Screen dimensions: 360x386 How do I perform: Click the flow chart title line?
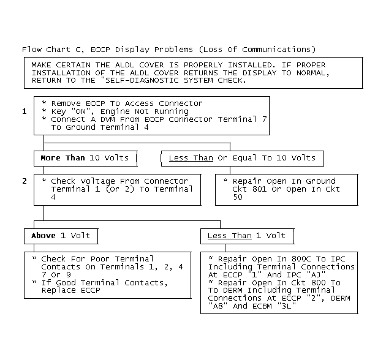point(169,49)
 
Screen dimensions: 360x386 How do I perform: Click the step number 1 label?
point(25,111)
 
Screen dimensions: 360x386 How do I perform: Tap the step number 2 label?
point(25,181)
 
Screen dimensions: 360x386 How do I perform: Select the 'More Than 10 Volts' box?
point(85,158)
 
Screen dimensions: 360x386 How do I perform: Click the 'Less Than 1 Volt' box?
point(246,236)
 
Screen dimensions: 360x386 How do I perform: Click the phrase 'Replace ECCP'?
point(71,290)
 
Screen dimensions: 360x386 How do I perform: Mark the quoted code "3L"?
point(287,306)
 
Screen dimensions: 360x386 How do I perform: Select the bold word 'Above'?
point(44,236)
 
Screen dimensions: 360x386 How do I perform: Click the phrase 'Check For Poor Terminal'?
point(97,259)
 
